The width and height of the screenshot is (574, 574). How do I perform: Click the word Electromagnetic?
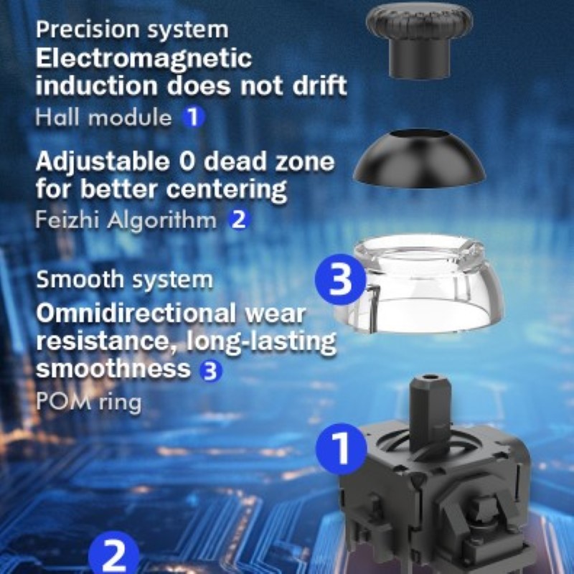(144, 60)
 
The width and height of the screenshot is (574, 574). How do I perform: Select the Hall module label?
(103, 117)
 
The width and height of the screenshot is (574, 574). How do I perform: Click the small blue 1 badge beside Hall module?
(194, 117)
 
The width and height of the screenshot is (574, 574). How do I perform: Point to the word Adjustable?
(103, 163)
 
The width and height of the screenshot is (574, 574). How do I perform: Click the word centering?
(226, 189)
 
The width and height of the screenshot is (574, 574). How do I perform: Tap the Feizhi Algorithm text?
(126, 220)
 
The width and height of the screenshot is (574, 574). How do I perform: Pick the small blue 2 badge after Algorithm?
(239, 220)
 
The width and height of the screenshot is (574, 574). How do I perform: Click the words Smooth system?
(124, 280)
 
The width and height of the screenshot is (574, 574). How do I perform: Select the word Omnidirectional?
(136, 314)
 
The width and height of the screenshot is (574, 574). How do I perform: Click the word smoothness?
(113, 368)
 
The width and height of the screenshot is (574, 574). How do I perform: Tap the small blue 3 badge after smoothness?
(210, 370)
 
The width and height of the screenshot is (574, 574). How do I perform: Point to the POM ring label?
(88, 402)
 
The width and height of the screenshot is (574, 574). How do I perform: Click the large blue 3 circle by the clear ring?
(340, 280)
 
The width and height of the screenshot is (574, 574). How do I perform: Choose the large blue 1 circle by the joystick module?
(342, 449)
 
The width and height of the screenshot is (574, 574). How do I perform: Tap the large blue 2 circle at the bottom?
(114, 555)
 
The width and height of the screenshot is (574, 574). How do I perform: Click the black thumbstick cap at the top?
(420, 40)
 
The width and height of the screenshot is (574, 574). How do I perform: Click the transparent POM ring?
(421, 286)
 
